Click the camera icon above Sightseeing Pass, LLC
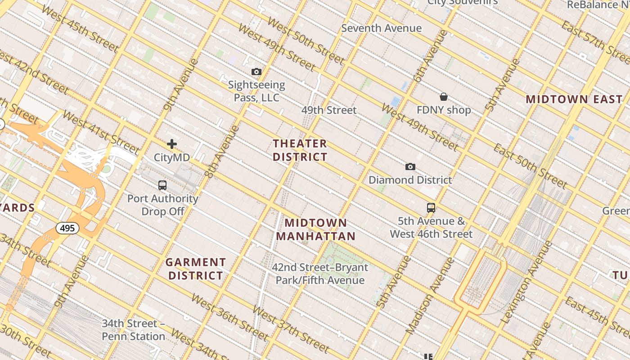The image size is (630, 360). coord(256,72)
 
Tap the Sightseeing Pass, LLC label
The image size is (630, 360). coord(256,91)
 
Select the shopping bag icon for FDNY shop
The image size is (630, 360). coord(444,97)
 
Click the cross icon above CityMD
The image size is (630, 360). coord(172,144)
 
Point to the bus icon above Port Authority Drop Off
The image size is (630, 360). coord(162,185)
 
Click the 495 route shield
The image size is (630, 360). coord(67,228)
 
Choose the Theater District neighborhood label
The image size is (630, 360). coord(300,150)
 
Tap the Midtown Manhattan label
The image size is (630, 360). coord(316,229)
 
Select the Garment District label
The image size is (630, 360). coord(196,269)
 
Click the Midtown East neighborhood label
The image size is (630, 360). coord(574,99)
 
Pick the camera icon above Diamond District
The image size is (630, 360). coord(410,167)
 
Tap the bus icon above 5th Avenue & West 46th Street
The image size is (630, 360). coord(431,208)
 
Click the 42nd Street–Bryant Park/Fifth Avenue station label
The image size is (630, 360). coord(320,274)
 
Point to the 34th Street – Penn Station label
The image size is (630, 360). coord(133,330)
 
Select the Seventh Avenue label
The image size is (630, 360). coord(381,28)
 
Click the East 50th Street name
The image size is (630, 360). coord(530,166)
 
